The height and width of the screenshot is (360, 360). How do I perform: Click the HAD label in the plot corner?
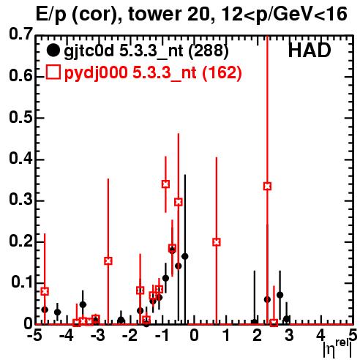coord(310,50)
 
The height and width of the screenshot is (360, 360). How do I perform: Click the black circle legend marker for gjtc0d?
coord(53,50)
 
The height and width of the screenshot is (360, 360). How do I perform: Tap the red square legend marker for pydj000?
coord(53,72)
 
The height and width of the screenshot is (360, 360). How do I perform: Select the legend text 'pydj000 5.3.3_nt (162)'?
coord(153,73)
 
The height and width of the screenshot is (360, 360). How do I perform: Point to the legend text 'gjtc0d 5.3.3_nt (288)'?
coord(146,51)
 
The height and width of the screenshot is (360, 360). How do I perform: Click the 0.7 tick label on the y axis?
coord(21,34)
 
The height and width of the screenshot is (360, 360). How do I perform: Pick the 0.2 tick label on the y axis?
coord(21,241)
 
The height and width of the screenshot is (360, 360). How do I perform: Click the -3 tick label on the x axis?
coord(97,335)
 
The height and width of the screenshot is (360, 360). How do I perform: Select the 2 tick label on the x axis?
coord(258,335)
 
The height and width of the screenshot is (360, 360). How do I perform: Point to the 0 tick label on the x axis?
coord(194,335)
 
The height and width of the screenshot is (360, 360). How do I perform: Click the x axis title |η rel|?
coord(338,349)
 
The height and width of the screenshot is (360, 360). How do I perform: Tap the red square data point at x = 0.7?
coord(217,242)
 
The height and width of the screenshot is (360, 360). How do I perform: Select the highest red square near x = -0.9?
coord(165,184)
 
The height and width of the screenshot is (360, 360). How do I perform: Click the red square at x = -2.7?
coord(108,261)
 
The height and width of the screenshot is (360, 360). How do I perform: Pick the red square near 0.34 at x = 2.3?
coord(267,187)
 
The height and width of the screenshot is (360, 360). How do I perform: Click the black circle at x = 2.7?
coord(280,295)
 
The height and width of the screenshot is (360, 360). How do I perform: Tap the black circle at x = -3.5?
coord(83,304)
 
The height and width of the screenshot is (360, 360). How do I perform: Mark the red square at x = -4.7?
coord(45,291)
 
